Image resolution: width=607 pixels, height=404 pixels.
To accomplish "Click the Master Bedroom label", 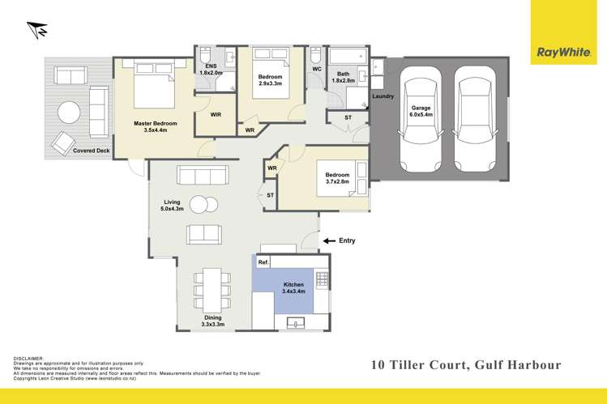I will click(155, 127).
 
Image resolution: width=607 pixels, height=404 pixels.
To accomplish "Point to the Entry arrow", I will click(329, 240).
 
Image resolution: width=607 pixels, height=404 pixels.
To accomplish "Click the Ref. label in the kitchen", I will click(263, 262).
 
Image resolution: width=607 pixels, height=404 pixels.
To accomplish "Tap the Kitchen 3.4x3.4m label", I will click(293, 288).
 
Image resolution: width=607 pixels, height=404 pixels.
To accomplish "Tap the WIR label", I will click(216, 115).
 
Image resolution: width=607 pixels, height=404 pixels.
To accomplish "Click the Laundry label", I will click(383, 97).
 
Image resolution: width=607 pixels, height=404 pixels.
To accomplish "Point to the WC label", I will click(318, 70).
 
